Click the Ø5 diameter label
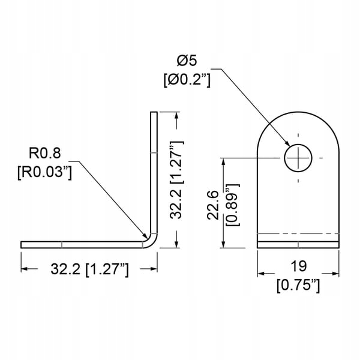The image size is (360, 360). tap(186, 61)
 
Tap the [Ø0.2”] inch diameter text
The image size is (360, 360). tap(186, 79)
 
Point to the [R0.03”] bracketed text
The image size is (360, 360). tap(44, 172)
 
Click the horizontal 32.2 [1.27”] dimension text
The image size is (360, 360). tap(89, 271)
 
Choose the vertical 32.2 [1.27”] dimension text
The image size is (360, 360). tap(176, 180)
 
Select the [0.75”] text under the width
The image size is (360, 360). tap(298, 286)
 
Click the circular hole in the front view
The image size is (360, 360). tap(298, 158)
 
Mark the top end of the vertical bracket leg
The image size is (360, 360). tap(154, 113)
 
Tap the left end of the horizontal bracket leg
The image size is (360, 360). tap(23, 244)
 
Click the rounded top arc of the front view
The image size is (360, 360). tap(298, 115)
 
